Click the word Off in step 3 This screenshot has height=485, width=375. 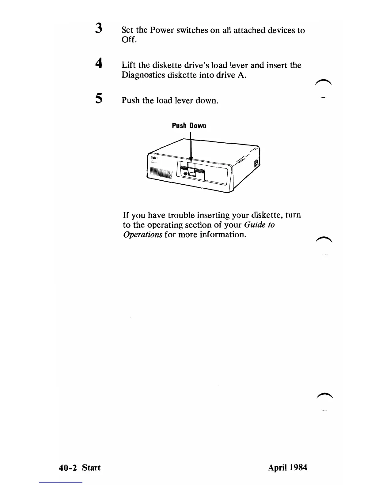pos(128,40)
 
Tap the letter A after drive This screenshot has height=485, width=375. pos(241,75)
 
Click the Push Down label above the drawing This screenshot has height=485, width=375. pos(189,126)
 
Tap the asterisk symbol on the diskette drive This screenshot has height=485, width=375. pos(185,174)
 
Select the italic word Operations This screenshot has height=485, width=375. pos(142,235)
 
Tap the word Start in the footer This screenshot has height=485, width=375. pos(91,468)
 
